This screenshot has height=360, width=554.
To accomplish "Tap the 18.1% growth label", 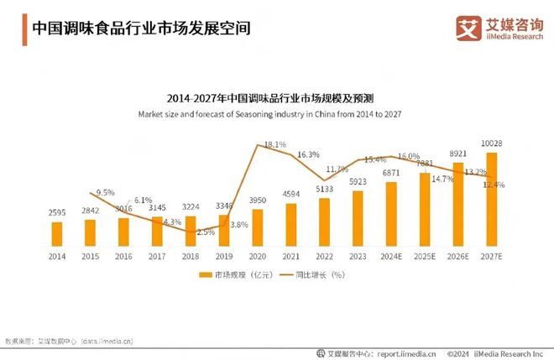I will coord(275,144).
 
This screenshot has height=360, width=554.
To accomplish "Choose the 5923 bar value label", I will coord(358,181).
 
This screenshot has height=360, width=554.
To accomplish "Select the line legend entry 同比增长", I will coord(312,274).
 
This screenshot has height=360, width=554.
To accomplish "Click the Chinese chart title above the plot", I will coord(276,97).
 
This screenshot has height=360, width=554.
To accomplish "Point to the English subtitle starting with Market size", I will coord(276,113).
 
